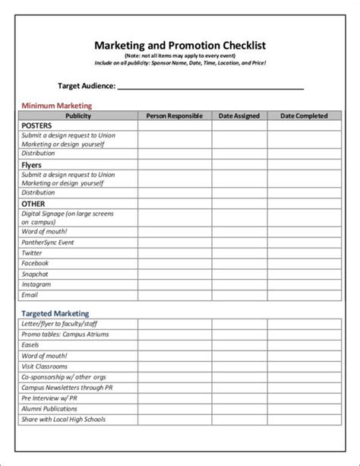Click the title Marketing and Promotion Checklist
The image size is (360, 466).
[x=180, y=46]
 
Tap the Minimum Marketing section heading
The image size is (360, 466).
[x=56, y=106]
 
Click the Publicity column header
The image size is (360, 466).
[x=78, y=116]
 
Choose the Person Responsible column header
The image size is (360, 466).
[x=175, y=116]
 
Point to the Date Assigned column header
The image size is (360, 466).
[x=239, y=116]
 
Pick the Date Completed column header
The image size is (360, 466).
[x=304, y=116]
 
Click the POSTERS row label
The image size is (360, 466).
[x=37, y=125]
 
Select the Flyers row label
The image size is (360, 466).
[x=32, y=164]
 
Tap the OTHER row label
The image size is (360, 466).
[x=33, y=204]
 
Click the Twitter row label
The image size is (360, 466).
[x=32, y=252]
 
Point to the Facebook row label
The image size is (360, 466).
[x=35, y=263]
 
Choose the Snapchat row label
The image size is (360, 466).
[x=35, y=274]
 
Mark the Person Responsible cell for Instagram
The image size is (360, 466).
[x=175, y=284]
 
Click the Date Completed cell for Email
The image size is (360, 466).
[x=304, y=294]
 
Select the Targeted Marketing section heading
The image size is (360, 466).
[x=55, y=313]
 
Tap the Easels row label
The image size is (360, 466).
[x=32, y=344]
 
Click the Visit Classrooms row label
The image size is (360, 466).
[x=45, y=366]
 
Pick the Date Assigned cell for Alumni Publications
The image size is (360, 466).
[x=239, y=408]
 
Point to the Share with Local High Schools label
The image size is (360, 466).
[x=64, y=419]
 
